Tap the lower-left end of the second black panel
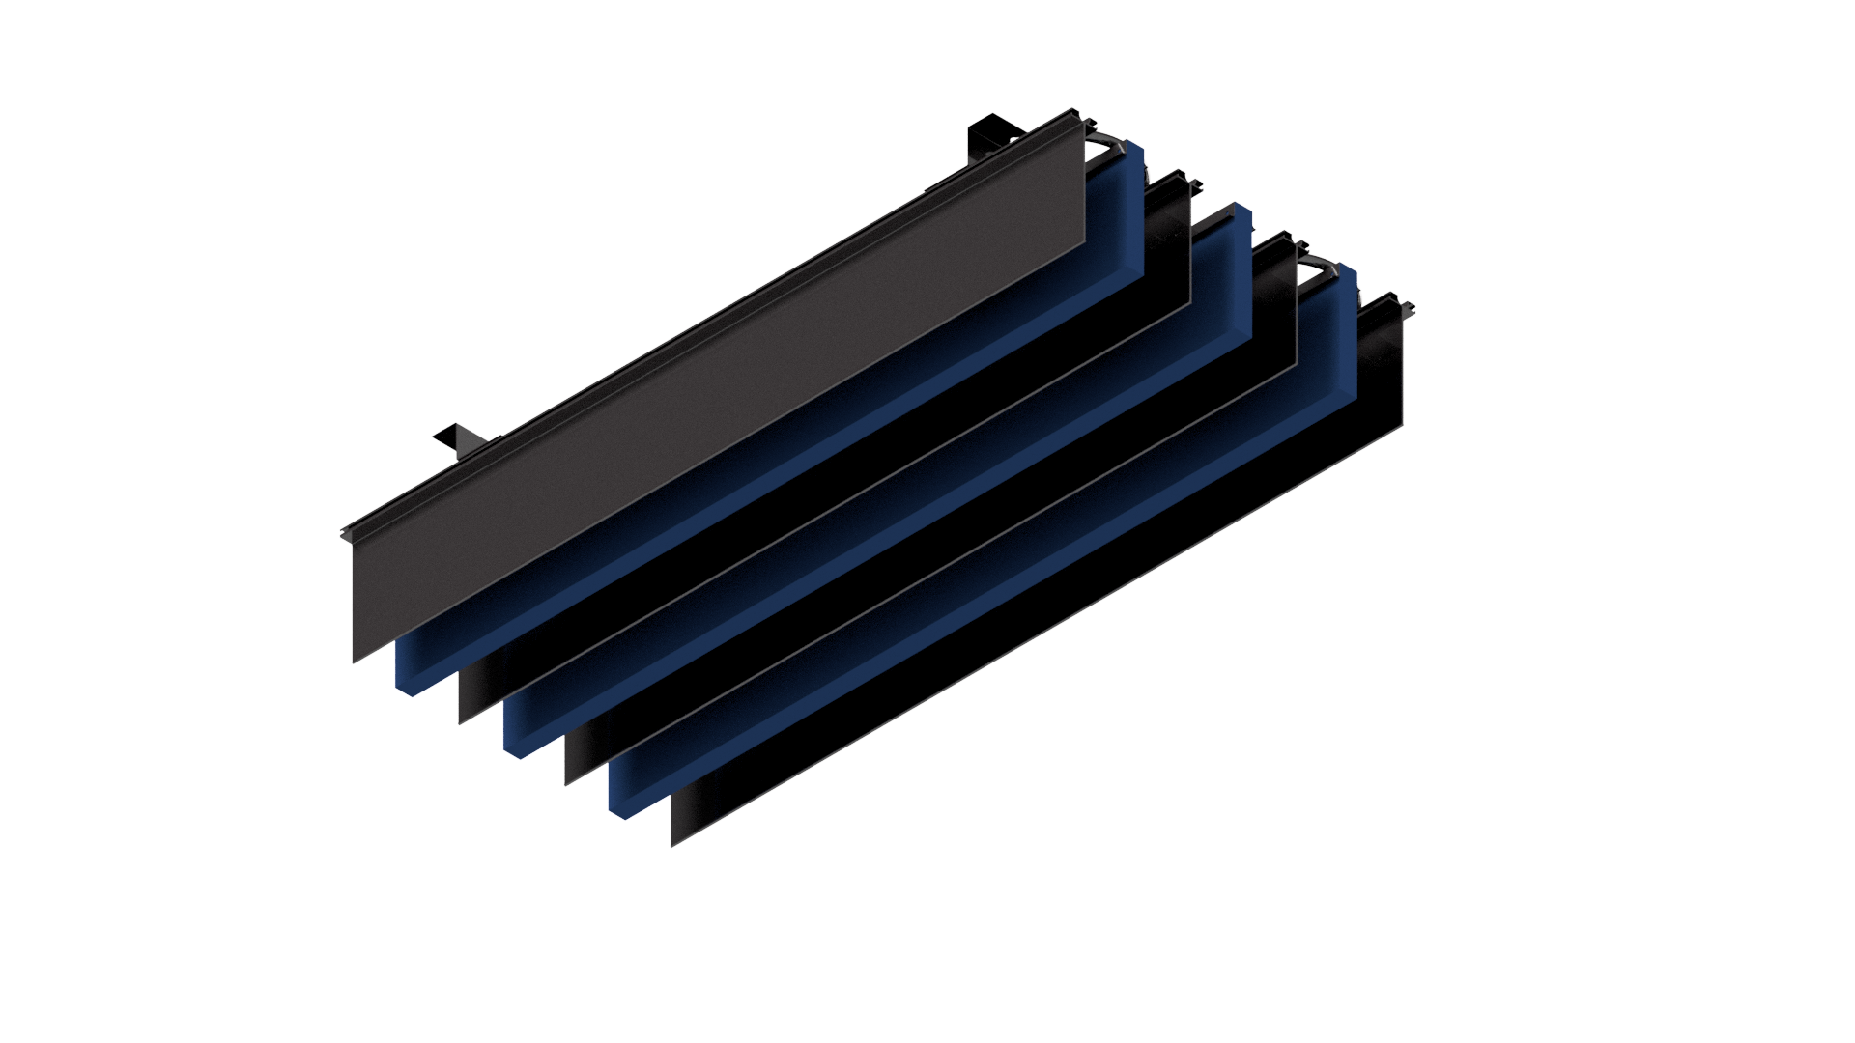[x=461, y=720]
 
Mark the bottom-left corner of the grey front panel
[x=355, y=661]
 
